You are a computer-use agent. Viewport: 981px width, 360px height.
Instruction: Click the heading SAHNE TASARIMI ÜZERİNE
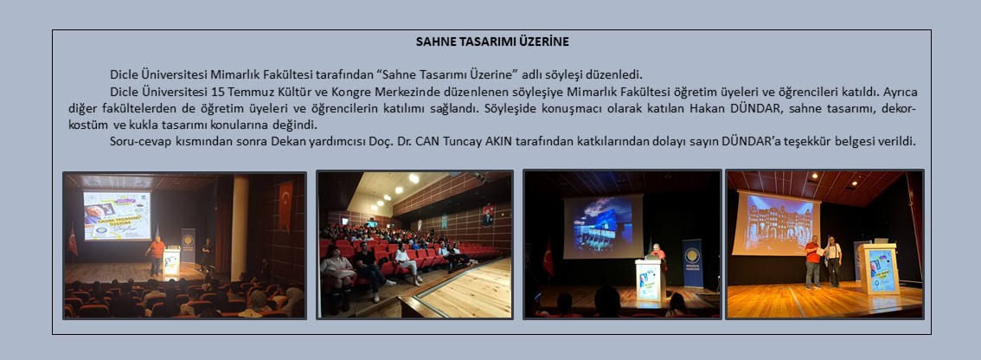coord(492,42)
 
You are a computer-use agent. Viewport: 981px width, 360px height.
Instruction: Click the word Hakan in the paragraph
coord(704,107)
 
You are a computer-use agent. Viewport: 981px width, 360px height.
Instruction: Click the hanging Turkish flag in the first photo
coord(285,205)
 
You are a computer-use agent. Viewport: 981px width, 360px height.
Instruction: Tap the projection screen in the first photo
coord(117,215)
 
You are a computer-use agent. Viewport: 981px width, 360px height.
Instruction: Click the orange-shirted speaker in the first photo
coord(155,255)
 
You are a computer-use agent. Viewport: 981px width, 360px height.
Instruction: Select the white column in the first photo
coord(240,228)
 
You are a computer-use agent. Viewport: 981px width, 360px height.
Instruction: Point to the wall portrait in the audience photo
coord(487,214)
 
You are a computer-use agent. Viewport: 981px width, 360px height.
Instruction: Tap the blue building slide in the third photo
coord(603,226)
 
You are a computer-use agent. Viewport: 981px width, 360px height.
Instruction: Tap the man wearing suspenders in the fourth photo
coord(833,261)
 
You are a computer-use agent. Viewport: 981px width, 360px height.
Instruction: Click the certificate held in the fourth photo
coord(822,250)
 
